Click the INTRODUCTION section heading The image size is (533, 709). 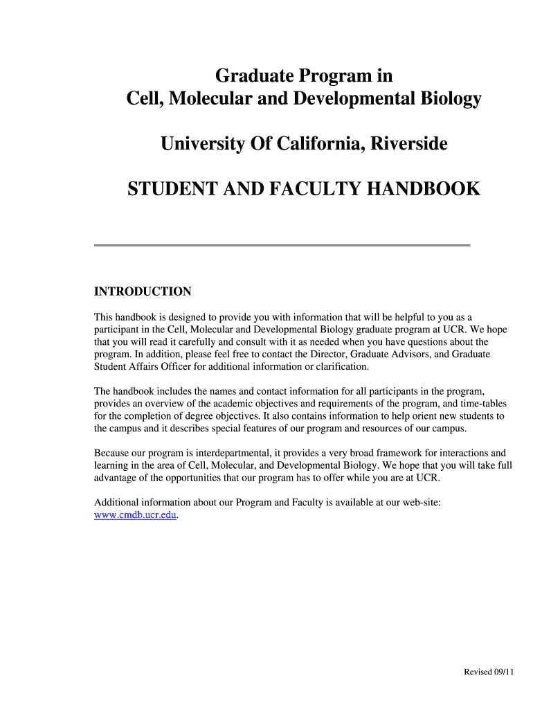point(143,291)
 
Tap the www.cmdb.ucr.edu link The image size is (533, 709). point(136,515)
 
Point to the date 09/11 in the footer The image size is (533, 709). point(502,672)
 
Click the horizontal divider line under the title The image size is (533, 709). point(282,245)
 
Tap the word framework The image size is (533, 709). point(363,453)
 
